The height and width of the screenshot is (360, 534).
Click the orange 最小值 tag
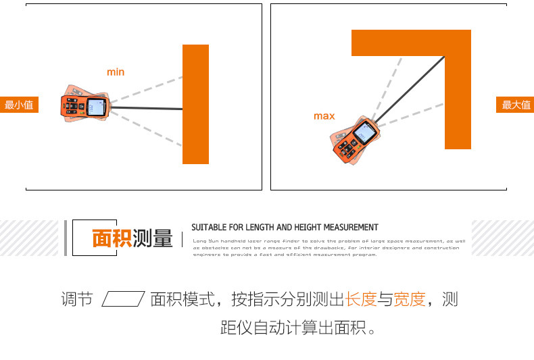click(x=19, y=105)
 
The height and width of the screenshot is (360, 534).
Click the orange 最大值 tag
click(x=515, y=105)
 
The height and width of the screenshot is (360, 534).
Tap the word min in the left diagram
click(x=116, y=72)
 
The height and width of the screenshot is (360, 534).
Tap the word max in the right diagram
click(x=324, y=116)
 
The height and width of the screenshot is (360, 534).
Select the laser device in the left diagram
click(x=84, y=106)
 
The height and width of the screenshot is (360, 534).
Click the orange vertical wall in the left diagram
click(x=195, y=104)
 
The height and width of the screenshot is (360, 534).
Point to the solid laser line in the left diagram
click(x=145, y=108)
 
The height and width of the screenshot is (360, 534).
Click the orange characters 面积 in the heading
click(x=111, y=238)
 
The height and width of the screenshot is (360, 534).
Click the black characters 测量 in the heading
click(x=153, y=238)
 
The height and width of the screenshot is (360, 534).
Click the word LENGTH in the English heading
click(x=260, y=228)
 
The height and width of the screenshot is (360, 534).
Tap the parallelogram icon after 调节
click(x=123, y=299)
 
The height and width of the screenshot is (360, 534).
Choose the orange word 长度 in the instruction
click(x=360, y=299)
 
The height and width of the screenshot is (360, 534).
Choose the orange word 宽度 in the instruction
click(x=410, y=299)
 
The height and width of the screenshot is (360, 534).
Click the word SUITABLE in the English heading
click(x=210, y=228)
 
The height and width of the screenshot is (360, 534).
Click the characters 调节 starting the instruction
click(x=76, y=299)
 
